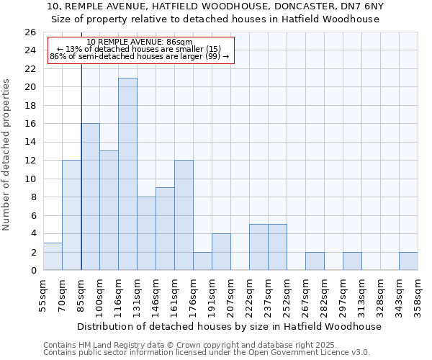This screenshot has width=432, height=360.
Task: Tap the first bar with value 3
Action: coord(53,256)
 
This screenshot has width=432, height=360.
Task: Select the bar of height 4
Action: coord(221,252)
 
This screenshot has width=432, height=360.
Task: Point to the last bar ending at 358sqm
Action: coord(408,261)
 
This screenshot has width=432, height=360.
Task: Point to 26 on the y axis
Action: coord(30,32)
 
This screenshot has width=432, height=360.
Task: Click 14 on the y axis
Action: coord(30,143)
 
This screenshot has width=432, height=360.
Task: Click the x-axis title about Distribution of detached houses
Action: coord(229,326)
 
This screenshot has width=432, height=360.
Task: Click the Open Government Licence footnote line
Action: coord(207,353)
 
